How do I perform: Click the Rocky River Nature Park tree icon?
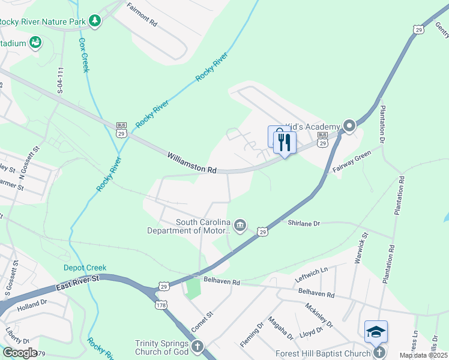click(x=94, y=21)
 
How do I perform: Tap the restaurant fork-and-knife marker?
click(x=284, y=142)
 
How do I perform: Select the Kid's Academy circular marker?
click(x=349, y=126)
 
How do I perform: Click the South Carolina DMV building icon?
click(x=240, y=226)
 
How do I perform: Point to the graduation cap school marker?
click(x=376, y=332)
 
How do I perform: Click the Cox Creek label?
click(x=84, y=55)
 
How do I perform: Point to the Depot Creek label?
click(x=85, y=268)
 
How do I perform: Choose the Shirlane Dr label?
click(x=304, y=223)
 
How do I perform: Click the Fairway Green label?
click(x=352, y=162)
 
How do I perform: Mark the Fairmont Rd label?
click(x=142, y=16)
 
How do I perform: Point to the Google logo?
click(x=20, y=352)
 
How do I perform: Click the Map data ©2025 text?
click(x=424, y=355)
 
